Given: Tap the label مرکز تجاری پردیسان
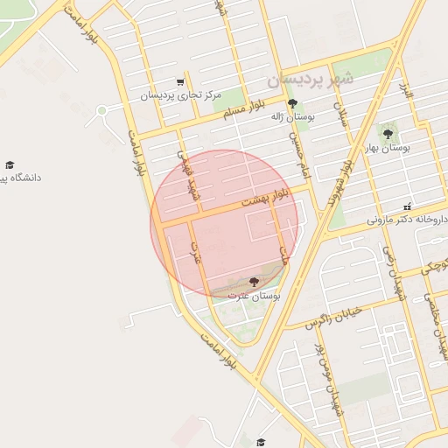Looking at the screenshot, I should [x=182, y=94].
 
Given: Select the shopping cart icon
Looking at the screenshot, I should [x=180, y=82].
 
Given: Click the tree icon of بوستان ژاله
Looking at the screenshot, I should [x=292, y=103].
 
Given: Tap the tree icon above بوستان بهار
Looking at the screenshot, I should [x=388, y=135].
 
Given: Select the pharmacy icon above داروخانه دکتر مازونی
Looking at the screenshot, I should [x=407, y=207].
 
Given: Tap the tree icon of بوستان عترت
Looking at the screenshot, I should [x=254, y=283].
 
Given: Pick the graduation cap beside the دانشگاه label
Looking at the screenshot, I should [x=10, y=164].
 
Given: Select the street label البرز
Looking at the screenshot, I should [x=405, y=89].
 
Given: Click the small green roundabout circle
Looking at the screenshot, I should [x=101, y=111].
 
